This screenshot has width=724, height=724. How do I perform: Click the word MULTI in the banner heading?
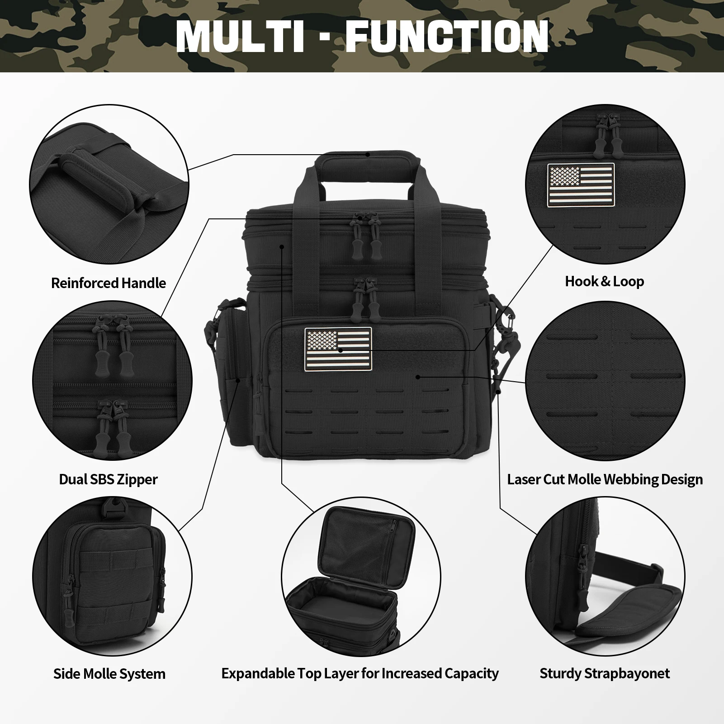coord(240,36)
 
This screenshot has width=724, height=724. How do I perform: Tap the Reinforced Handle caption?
coord(109,283)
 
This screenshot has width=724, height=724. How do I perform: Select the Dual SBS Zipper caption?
coord(109,479)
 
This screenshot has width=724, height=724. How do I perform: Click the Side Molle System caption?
coord(109,674)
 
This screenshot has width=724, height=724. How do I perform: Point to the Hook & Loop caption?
coord(604,281)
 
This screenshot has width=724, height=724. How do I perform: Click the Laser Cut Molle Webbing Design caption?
coord(605,479)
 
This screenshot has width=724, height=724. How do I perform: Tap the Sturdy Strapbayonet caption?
coord(604,673)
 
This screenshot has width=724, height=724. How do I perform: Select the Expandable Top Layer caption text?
coord(360,673)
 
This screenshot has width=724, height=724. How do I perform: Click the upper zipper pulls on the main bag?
coord(367,235)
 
